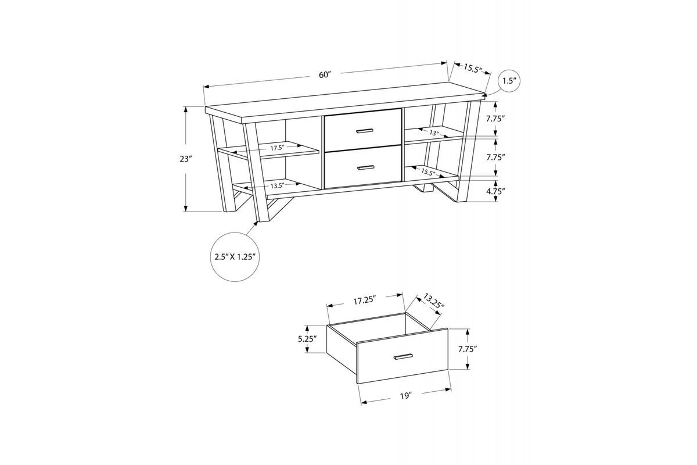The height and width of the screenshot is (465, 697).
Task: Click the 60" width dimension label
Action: pyautogui.click(x=325, y=75)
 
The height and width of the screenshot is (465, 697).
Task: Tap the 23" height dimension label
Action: pyautogui.click(x=185, y=159)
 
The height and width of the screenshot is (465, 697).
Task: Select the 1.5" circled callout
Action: pyautogui.click(x=509, y=81)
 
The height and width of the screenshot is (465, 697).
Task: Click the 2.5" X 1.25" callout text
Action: pyautogui.click(x=235, y=257)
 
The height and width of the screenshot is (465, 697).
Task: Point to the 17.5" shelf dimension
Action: pyautogui.click(x=277, y=148)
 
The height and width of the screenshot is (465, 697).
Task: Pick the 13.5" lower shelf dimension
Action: pyautogui.click(x=277, y=186)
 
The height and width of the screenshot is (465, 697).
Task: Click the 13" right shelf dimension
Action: pyautogui.click(x=434, y=133)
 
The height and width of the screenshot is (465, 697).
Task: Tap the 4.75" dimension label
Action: pyautogui.click(x=495, y=191)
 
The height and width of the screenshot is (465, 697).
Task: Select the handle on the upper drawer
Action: pyautogui.click(x=364, y=131)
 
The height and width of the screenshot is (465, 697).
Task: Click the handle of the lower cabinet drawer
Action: pyautogui.click(x=366, y=167)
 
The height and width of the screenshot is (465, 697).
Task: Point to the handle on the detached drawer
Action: pyautogui.click(x=403, y=357)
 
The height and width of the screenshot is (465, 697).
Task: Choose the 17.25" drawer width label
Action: pyautogui.click(x=365, y=301)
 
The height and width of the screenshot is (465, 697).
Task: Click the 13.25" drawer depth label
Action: pyautogui.click(x=433, y=302)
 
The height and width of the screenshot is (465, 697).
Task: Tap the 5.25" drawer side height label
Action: pyautogui.click(x=307, y=339)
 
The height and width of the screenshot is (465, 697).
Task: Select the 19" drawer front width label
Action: pyautogui.click(x=406, y=396)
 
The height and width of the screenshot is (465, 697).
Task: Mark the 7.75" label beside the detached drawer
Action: pyautogui.click(x=468, y=349)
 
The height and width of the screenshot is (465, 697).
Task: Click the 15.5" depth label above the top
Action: pyautogui.click(x=473, y=69)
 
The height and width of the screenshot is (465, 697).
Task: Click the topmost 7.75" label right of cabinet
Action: pyautogui.click(x=495, y=119)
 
